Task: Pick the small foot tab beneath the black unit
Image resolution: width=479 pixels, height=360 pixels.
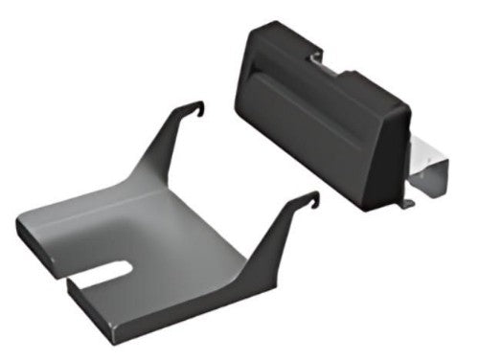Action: (x=407, y=202)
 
